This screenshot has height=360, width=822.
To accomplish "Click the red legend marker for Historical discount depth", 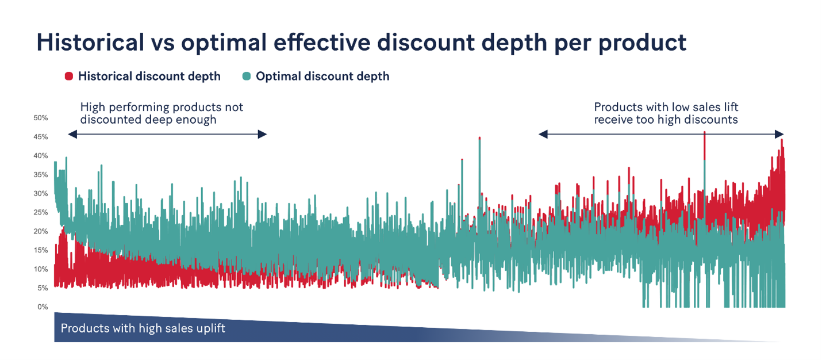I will coord(69,76).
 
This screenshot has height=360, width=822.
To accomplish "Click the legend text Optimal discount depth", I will coord(322,76).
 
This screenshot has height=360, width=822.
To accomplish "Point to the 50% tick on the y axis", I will coord(41,118).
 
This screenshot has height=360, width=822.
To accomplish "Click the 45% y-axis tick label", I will coord(41,137).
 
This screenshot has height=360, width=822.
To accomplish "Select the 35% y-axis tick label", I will coord(41,175).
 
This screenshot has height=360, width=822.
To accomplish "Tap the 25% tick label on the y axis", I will coord(41,213).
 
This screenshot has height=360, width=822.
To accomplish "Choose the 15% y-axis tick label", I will coord(41,250).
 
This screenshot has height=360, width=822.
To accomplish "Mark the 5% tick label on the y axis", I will coord(43,288).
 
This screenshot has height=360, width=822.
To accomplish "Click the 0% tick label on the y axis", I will coord(43,307).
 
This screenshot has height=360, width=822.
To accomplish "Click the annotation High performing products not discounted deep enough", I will coord(162,113).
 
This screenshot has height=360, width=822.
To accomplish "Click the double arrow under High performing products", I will coord(167,134).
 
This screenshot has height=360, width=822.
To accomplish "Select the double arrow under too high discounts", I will coord(661,134).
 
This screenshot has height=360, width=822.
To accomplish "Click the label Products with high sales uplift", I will coord(143,328).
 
